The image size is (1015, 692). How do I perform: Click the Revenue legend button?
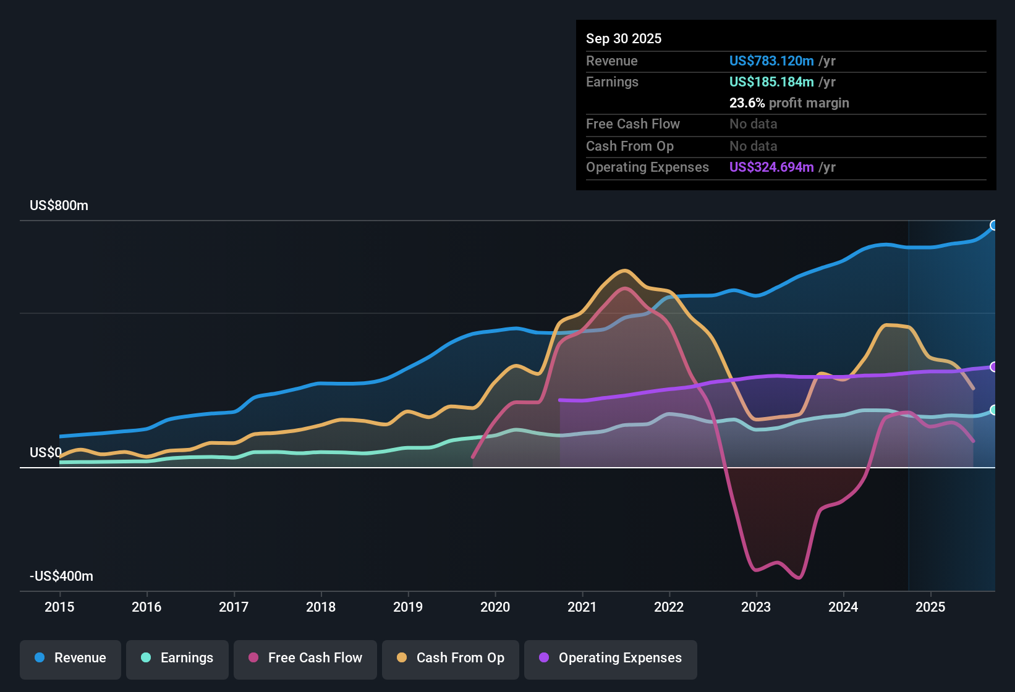[x=70, y=658]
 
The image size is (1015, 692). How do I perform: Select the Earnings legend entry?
[x=177, y=658]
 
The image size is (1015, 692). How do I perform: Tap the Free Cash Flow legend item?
[x=305, y=658]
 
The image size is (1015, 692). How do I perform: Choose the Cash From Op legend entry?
[x=451, y=658]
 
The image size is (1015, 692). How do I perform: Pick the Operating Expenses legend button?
[x=611, y=658]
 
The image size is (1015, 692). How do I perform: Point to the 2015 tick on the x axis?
[x=59, y=607]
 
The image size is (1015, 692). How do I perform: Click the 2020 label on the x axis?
[x=495, y=607]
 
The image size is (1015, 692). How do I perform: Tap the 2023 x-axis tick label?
[x=756, y=607]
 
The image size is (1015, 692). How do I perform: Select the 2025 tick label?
[x=930, y=607]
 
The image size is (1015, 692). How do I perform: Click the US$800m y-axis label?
[x=59, y=206]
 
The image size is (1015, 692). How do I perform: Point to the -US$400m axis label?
[x=61, y=576]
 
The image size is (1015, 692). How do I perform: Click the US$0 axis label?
[x=46, y=453]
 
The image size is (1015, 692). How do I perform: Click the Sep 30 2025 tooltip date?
[x=624, y=39]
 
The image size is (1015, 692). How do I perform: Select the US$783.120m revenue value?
[x=771, y=61]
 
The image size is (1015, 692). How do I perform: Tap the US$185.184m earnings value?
[x=771, y=82]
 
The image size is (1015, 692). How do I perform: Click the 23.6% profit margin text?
[x=789, y=103]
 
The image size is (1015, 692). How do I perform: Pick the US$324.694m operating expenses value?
[x=771, y=167]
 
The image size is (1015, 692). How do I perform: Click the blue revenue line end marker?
[x=993, y=226]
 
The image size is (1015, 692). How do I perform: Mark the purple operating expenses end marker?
[x=993, y=367]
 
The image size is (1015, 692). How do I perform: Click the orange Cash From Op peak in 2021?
[x=625, y=271]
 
